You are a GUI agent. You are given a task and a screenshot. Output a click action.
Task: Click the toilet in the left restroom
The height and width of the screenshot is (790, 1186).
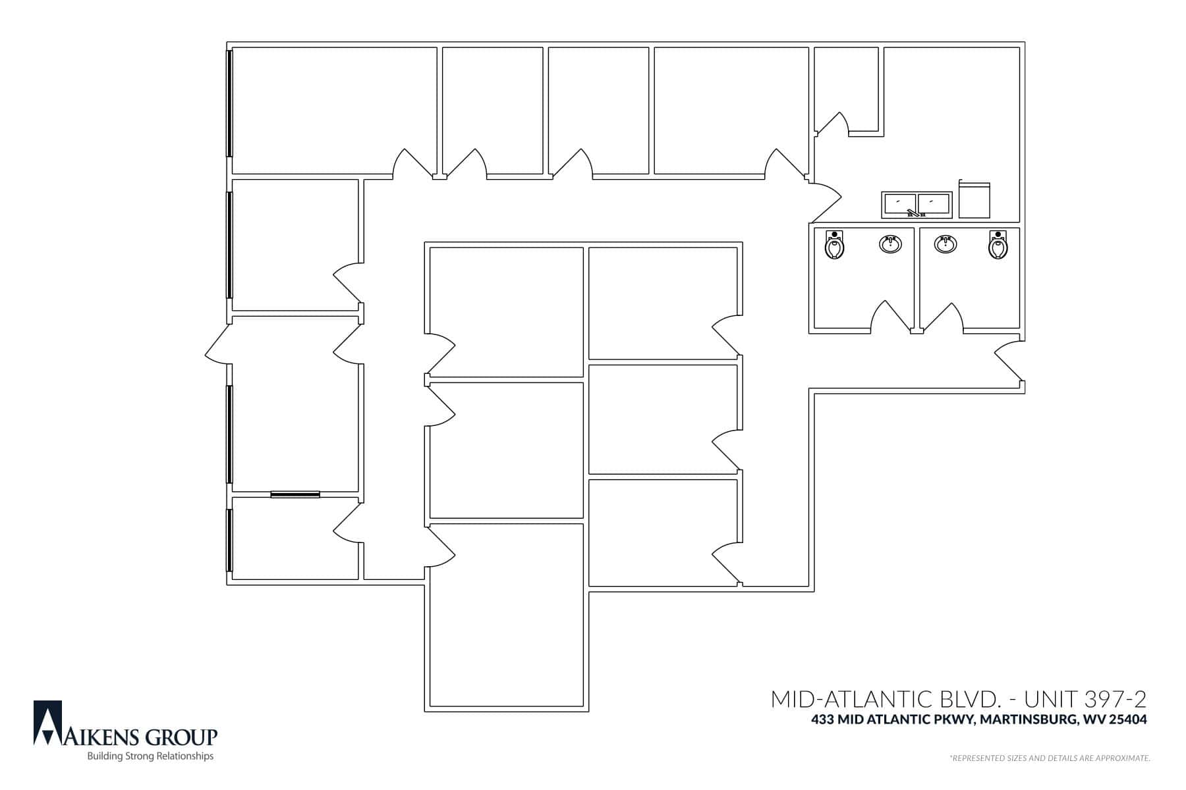[x=835, y=245]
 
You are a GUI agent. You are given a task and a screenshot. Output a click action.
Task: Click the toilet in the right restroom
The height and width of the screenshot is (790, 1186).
[x=998, y=245]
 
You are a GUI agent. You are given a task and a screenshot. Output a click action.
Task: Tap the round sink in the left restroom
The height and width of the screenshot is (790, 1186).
[x=890, y=244]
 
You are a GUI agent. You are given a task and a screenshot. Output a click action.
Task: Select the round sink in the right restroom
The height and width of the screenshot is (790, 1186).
[x=946, y=244]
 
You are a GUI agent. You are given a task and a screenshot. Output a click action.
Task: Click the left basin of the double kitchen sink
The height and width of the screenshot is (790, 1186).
[x=899, y=203]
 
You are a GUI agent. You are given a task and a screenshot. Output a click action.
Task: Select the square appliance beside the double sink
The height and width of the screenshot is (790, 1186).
[x=974, y=199]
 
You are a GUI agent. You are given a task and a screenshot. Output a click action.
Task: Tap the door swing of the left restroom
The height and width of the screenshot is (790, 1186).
[x=891, y=315]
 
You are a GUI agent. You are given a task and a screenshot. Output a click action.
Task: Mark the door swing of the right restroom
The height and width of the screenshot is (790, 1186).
[x=942, y=317]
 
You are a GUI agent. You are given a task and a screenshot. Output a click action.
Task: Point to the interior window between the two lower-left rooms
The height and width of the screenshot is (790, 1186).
[x=295, y=494]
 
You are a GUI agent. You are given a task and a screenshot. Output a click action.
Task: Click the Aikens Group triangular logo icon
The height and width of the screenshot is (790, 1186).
[x=47, y=722]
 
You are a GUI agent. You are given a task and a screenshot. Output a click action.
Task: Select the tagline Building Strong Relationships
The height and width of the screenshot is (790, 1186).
[x=150, y=756]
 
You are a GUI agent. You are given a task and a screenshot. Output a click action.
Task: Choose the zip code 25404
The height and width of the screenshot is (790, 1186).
[x=1128, y=720]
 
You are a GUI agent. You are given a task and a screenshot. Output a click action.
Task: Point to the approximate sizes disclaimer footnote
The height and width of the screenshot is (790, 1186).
[x=1050, y=758]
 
